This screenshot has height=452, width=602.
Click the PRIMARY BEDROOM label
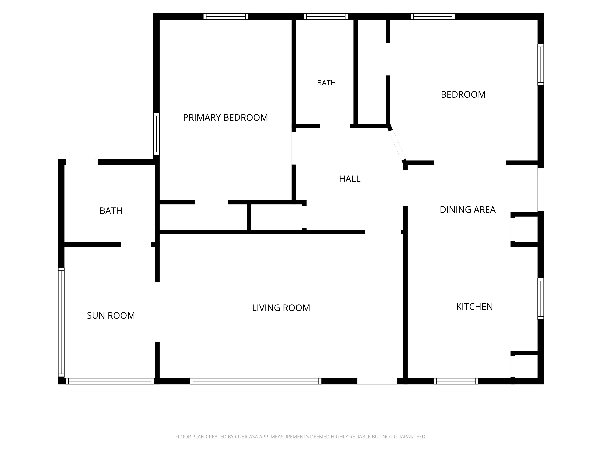point(225,117)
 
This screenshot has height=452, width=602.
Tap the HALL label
point(350,179)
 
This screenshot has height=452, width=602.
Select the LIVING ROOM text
point(281,308)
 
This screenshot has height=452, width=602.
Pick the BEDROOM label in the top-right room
point(463,94)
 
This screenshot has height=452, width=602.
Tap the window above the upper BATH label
point(326,16)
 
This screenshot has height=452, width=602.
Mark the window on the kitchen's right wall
point(541,299)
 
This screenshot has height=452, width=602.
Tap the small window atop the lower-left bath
point(82,162)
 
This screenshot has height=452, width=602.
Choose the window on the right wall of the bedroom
point(541,65)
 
